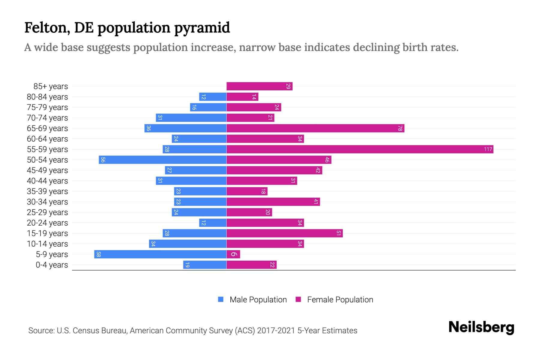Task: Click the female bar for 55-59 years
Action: coord(360,149)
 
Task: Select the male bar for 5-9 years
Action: coord(160,254)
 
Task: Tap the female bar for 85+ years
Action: coord(259,86)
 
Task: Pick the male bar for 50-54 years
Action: coord(163,160)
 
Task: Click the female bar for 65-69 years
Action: coord(315,128)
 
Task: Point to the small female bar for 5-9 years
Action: coord(233,254)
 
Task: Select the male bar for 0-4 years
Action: coord(205,265)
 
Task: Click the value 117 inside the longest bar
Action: coord(488,149)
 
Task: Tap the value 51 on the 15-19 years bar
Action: coord(338,233)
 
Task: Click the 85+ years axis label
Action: coord(50,86)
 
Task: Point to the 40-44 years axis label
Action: coord(47,181)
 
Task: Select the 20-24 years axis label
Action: coord(47,223)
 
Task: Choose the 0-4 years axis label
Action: coord(52,265)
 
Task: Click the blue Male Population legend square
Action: coord(221,299)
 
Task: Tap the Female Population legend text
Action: coord(340,299)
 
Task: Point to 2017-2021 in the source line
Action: coord(276,331)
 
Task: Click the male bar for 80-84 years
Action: coord(213,97)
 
